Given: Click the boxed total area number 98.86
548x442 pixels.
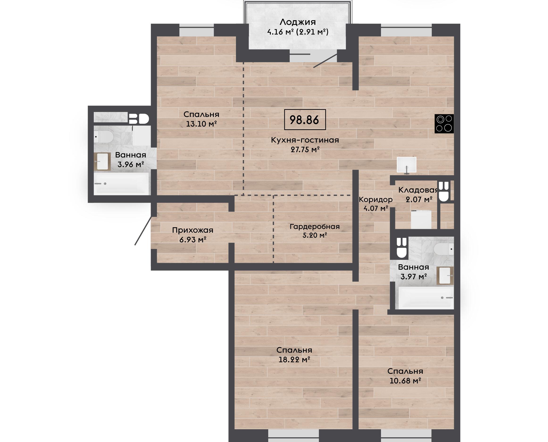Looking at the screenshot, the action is (305, 120).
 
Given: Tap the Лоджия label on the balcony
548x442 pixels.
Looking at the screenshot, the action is (297, 22).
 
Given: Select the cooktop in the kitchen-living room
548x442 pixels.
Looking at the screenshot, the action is (444, 124).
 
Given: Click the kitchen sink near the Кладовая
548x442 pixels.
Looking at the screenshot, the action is (406, 165).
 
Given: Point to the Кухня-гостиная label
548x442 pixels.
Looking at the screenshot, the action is (305, 140).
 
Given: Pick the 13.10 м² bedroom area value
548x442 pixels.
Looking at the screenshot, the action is (201, 124).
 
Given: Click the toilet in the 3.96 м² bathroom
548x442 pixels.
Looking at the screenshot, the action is (103, 136).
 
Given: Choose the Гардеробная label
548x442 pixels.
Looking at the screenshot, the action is (315, 226).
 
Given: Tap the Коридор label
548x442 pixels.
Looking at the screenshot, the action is (375, 199).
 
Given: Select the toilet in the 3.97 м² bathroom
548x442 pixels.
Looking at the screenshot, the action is (444, 249).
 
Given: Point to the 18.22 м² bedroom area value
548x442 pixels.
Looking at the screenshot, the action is (294, 359).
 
